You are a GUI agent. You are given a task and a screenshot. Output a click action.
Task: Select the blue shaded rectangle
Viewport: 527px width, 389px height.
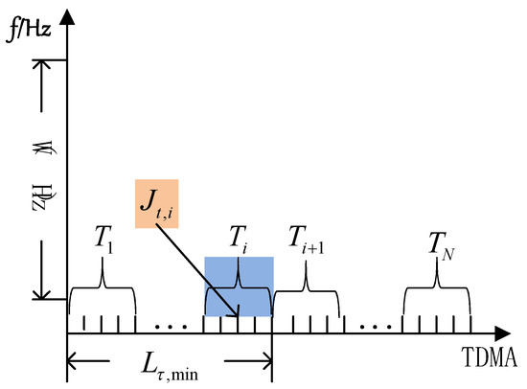239,286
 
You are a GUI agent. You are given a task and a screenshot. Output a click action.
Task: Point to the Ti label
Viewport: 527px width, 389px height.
239,237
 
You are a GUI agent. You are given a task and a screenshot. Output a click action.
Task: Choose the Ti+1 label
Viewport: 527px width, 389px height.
309,237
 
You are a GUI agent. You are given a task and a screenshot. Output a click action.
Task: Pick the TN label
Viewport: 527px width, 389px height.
437,240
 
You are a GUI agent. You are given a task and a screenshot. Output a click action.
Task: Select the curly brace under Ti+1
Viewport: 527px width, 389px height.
306,281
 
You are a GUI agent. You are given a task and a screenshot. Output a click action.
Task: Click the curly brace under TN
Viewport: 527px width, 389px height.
436,281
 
